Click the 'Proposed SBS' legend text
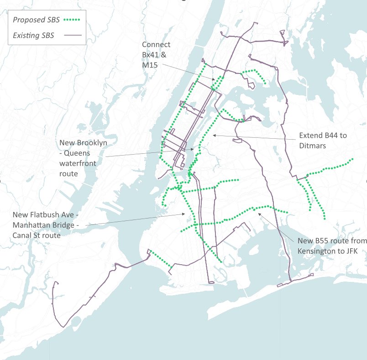coord(35,20)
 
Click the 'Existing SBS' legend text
coord(33,36)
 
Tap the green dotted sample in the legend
coord(71,20)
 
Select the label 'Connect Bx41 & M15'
coord(156,55)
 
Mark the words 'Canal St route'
coord(37,235)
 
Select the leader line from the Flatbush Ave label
coord(137,219)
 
